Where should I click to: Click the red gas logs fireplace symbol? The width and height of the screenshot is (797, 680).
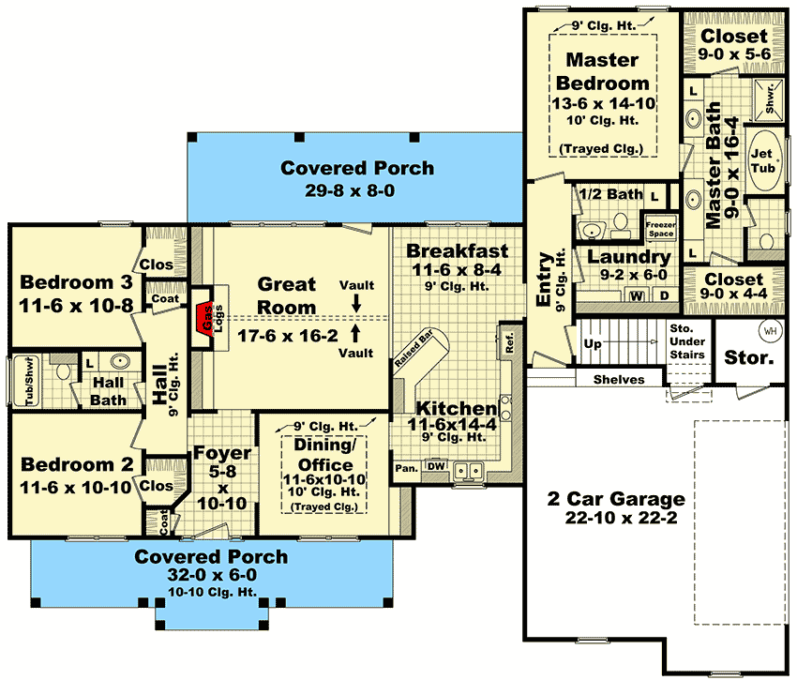tap(205, 319)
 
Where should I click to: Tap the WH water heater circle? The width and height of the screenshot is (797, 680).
tap(771, 331)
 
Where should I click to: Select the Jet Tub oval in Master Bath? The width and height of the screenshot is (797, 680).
tap(764, 160)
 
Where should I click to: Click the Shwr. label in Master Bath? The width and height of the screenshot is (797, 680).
tap(770, 98)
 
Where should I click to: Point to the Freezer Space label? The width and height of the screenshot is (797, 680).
tap(661, 229)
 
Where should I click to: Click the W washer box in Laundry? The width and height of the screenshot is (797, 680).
tap(638, 295)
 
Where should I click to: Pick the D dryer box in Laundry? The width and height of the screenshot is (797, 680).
tap(665, 295)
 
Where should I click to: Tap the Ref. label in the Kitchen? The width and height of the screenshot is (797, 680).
tap(510, 342)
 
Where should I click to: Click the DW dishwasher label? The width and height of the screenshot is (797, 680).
tap(436, 466)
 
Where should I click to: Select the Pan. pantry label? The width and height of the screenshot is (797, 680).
tap(407, 468)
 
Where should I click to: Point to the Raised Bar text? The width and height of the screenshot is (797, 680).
tap(414, 348)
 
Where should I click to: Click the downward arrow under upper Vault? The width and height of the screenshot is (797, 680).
tap(356, 303)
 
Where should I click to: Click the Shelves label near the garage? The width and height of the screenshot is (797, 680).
tap(619, 380)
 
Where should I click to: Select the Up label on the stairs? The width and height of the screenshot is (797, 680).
tap(593, 344)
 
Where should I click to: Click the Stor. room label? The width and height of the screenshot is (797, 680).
tap(749, 357)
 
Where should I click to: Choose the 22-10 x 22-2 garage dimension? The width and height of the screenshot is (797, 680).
tap(621, 518)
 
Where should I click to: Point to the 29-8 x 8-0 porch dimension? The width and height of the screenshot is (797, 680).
tap(350, 190)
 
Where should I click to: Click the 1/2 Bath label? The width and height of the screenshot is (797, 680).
tap(610, 194)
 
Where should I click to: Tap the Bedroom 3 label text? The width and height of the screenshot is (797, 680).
tap(76, 282)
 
